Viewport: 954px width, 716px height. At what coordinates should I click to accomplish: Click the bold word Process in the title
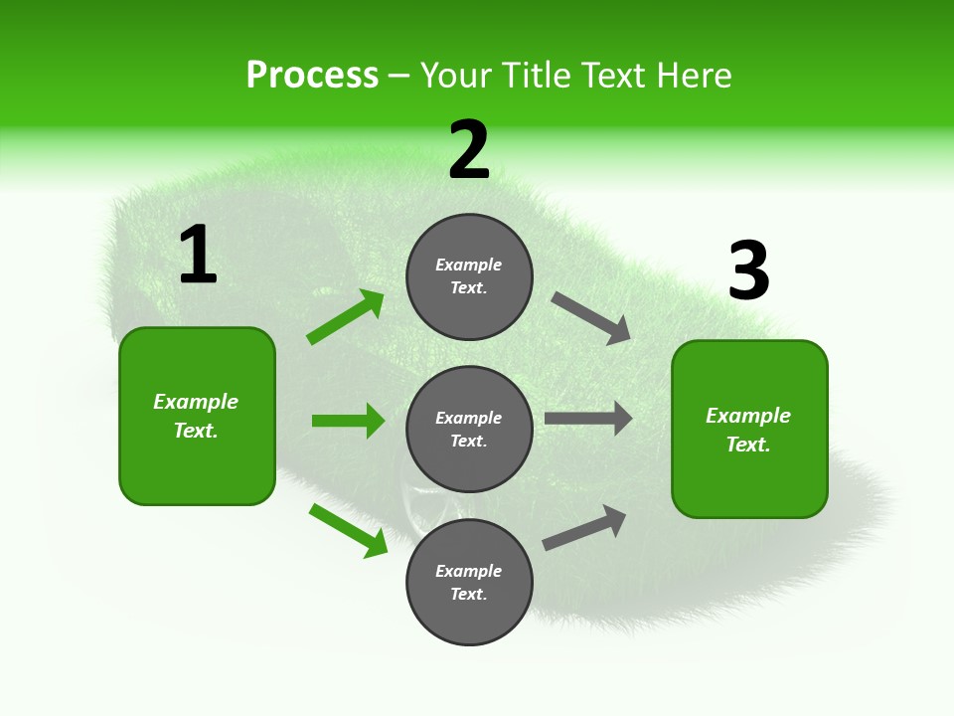312,76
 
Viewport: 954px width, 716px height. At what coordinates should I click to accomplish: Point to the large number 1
198,255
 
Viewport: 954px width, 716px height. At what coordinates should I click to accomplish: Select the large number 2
469,149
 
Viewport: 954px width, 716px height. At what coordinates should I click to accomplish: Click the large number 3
749,270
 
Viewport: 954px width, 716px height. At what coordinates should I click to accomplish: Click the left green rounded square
197,416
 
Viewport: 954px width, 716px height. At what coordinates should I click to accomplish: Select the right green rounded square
749,430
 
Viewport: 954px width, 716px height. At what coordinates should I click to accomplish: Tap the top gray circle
469,276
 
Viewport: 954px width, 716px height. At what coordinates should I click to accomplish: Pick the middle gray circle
469,430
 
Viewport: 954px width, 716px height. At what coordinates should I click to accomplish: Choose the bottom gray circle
469,583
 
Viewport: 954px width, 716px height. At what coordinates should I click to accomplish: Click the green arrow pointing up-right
346,317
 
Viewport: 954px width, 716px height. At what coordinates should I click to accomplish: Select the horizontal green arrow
348,421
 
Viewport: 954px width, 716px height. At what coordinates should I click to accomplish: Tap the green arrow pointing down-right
348,530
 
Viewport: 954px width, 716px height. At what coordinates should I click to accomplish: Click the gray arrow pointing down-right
591,318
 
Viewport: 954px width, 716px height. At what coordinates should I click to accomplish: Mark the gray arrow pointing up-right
584,528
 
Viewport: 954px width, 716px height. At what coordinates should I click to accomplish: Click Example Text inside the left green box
196,416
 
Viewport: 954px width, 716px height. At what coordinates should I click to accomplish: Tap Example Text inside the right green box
748,430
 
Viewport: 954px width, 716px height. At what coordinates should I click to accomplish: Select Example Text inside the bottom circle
469,583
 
